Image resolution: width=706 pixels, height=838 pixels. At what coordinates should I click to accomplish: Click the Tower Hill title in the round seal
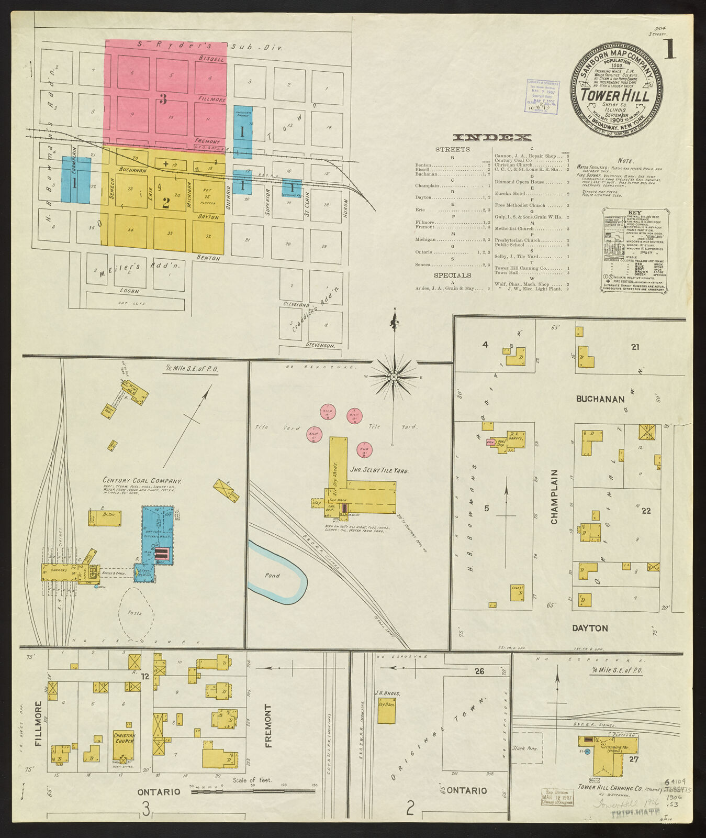(615, 95)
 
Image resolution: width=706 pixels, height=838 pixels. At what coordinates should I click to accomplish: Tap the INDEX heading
(492, 138)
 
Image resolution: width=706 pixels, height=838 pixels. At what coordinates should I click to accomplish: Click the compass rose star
(395, 376)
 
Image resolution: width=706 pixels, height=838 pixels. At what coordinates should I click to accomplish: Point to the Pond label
(272, 575)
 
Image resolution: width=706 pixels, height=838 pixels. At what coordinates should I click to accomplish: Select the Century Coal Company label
(142, 480)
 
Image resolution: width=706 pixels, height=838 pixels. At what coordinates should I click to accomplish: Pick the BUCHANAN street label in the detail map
(600, 399)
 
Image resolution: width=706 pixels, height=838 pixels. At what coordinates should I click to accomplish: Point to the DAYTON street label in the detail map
(590, 628)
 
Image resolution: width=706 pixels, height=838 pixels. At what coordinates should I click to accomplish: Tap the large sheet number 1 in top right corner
(669, 50)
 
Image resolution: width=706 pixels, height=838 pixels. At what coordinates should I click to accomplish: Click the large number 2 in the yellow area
(165, 203)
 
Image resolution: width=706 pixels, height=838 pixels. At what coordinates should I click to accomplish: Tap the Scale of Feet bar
(254, 791)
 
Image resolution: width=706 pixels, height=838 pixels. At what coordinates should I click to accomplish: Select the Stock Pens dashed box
(527, 748)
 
